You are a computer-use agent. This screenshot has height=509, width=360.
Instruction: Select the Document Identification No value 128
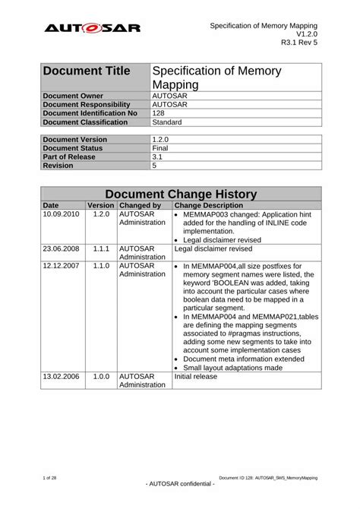(159, 112)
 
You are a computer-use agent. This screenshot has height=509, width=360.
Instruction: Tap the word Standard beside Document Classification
(167, 121)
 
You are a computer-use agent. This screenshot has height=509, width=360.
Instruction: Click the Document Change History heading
(180, 194)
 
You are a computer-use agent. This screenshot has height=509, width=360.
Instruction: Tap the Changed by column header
(140, 205)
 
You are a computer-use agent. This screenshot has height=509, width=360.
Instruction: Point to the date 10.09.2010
(62, 214)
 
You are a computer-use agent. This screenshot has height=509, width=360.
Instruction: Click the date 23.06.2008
(62, 248)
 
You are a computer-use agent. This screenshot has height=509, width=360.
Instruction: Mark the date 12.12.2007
(62, 266)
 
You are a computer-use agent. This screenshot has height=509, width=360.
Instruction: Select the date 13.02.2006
(62, 376)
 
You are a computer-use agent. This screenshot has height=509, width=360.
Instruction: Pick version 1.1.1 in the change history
(101, 248)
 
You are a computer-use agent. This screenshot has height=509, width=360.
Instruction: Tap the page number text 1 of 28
(51, 477)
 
